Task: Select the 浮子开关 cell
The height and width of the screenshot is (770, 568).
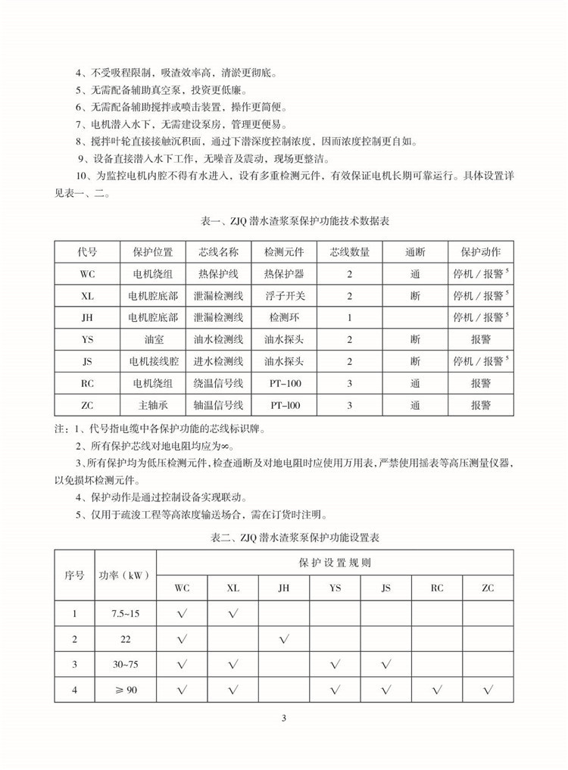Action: point(284,295)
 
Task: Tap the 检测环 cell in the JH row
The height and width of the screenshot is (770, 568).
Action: point(284,317)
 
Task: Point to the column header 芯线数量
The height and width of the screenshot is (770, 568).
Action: point(349,251)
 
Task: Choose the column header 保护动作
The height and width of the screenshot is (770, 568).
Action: point(480,251)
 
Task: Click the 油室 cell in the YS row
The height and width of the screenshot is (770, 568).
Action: point(153,339)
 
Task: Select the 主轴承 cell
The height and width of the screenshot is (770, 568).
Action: point(153,405)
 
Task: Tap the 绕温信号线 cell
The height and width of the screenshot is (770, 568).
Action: point(218,383)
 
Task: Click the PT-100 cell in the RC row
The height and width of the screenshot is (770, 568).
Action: point(284,383)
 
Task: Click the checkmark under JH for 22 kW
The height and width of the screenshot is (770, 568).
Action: point(284,639)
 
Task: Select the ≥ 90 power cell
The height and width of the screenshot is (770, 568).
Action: point(125,690)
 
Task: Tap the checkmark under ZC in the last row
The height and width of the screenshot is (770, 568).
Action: point(488,690)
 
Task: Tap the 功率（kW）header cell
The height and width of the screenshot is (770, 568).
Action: point(125,575)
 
